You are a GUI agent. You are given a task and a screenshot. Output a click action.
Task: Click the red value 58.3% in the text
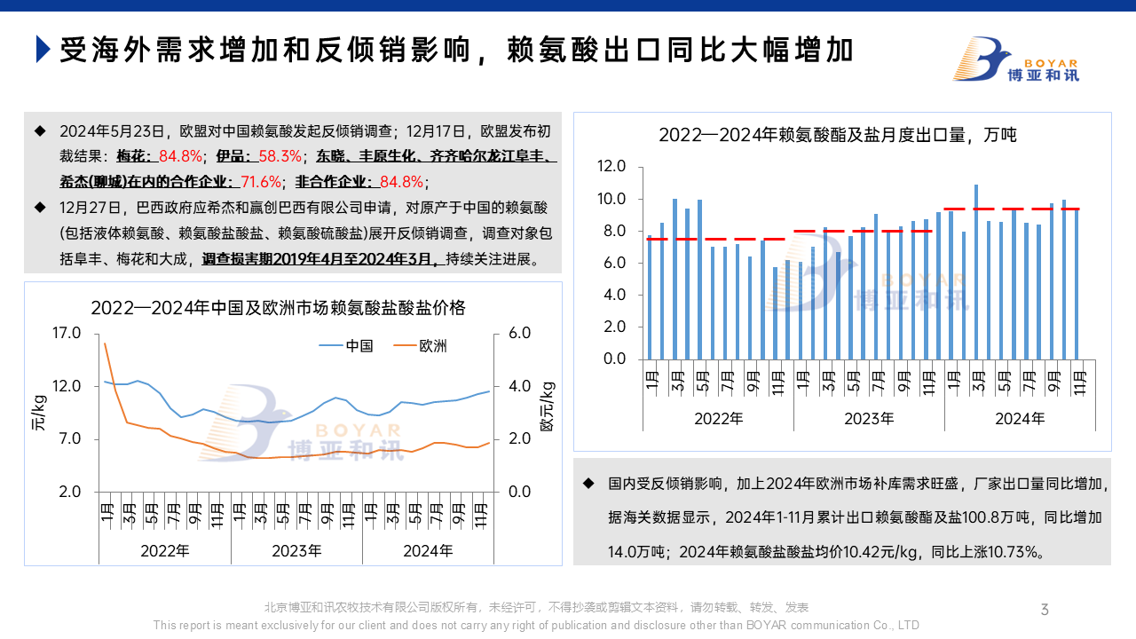click(x=279, y=157)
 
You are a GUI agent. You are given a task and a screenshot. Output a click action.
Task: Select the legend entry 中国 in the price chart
click(x=359, y=345)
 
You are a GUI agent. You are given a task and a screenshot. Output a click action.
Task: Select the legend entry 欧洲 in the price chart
click(x=433, y=345)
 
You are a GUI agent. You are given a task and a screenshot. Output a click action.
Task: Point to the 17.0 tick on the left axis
click(x=67, y=333)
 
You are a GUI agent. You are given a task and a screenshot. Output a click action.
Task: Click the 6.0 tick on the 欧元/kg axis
click(x=519, y=333)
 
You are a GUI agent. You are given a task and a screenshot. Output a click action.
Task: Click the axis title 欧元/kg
click(x=547, y=406)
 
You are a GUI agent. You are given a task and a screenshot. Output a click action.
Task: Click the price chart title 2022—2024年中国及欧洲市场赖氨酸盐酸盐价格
click(x=278, y=308)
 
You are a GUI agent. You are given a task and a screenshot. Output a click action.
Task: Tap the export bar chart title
click(x=837, y=135)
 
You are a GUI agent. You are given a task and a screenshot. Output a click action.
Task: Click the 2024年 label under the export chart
click(x=1020, y=418)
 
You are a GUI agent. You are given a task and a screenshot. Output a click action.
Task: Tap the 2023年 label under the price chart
click(x=296, y=551)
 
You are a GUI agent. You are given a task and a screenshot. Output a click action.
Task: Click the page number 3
click(x=1045, y=609)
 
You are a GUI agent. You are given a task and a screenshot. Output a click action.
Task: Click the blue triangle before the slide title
click(x=43, y=50)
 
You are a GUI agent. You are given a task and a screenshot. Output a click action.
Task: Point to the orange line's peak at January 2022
click(x=105, y=343)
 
